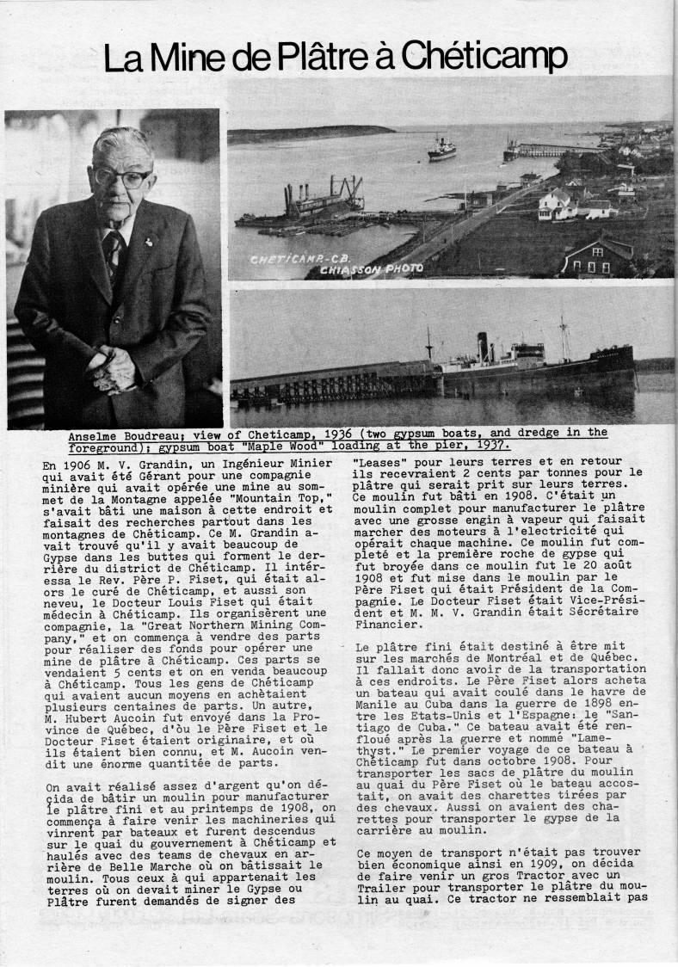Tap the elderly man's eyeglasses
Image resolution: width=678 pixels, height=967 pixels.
click(122, 178)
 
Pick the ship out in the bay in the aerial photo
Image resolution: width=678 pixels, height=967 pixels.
click(442, 150)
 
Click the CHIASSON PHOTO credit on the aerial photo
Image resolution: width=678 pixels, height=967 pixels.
click(384, 268)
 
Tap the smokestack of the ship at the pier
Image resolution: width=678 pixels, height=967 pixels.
click(483, 346)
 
